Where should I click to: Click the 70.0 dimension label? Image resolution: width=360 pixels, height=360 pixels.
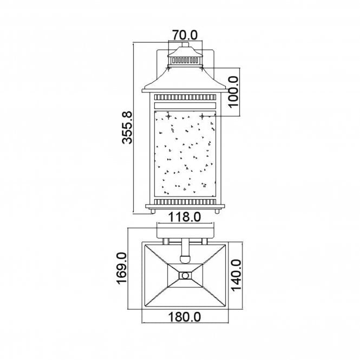click(x=185, y=34)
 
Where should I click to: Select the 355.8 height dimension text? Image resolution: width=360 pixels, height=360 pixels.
click(x=126, y=128)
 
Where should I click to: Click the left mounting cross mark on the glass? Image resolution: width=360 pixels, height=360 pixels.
click(x=168, y=116)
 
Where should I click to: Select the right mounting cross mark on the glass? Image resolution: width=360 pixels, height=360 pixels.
click(x=202, y=116)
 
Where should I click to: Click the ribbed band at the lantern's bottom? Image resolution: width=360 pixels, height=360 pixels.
click(x=186, y=202)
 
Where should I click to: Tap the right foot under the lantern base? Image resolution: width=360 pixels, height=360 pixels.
click(x=215, y=210)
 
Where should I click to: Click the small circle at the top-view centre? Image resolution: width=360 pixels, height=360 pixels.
click(x=186, y=276)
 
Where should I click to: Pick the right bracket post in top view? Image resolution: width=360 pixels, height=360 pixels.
click(x=204, y=240)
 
